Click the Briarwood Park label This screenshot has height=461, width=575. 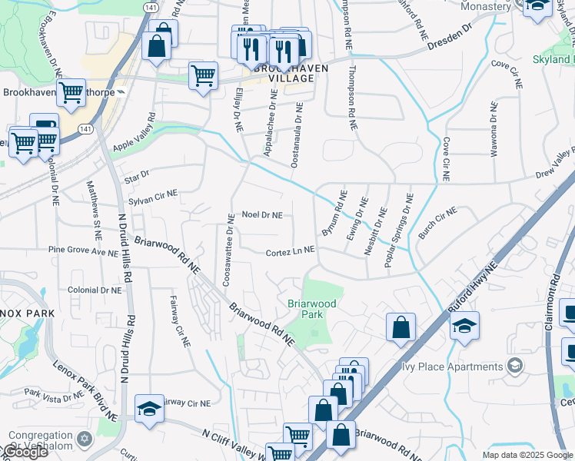[311, 309]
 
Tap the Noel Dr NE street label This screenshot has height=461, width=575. [262, 215]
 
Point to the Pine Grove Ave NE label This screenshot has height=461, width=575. [77, 250]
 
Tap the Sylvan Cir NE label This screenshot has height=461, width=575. [153, 198]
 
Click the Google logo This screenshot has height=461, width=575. [25, 452]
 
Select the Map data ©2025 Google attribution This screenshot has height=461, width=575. [527, 455]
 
